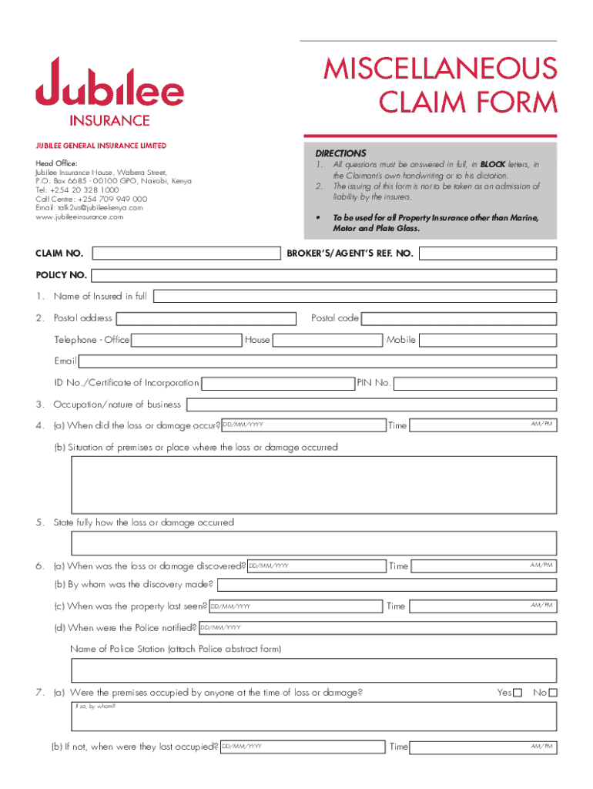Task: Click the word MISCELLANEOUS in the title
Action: click(x=440, y=68)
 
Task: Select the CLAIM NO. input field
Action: click(x=186, y=253)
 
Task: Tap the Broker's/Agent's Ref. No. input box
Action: click(x=487, y=253)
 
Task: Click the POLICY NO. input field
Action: click(x=323, y=275)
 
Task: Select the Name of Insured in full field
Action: click(x=354, y=296)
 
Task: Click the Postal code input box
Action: click(x=458, y=318)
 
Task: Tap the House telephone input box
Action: click(x=328, y=340)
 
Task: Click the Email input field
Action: click(x=317, y=361)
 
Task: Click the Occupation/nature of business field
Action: click(x=371, y=405)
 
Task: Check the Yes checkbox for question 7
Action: click(x=518, y=693)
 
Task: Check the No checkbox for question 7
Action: click(x=552, y=693)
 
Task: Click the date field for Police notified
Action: click(x=377, y=628)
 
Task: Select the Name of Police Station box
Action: click(x=313, y=670)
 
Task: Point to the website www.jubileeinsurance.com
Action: click(x=79, y=217)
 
